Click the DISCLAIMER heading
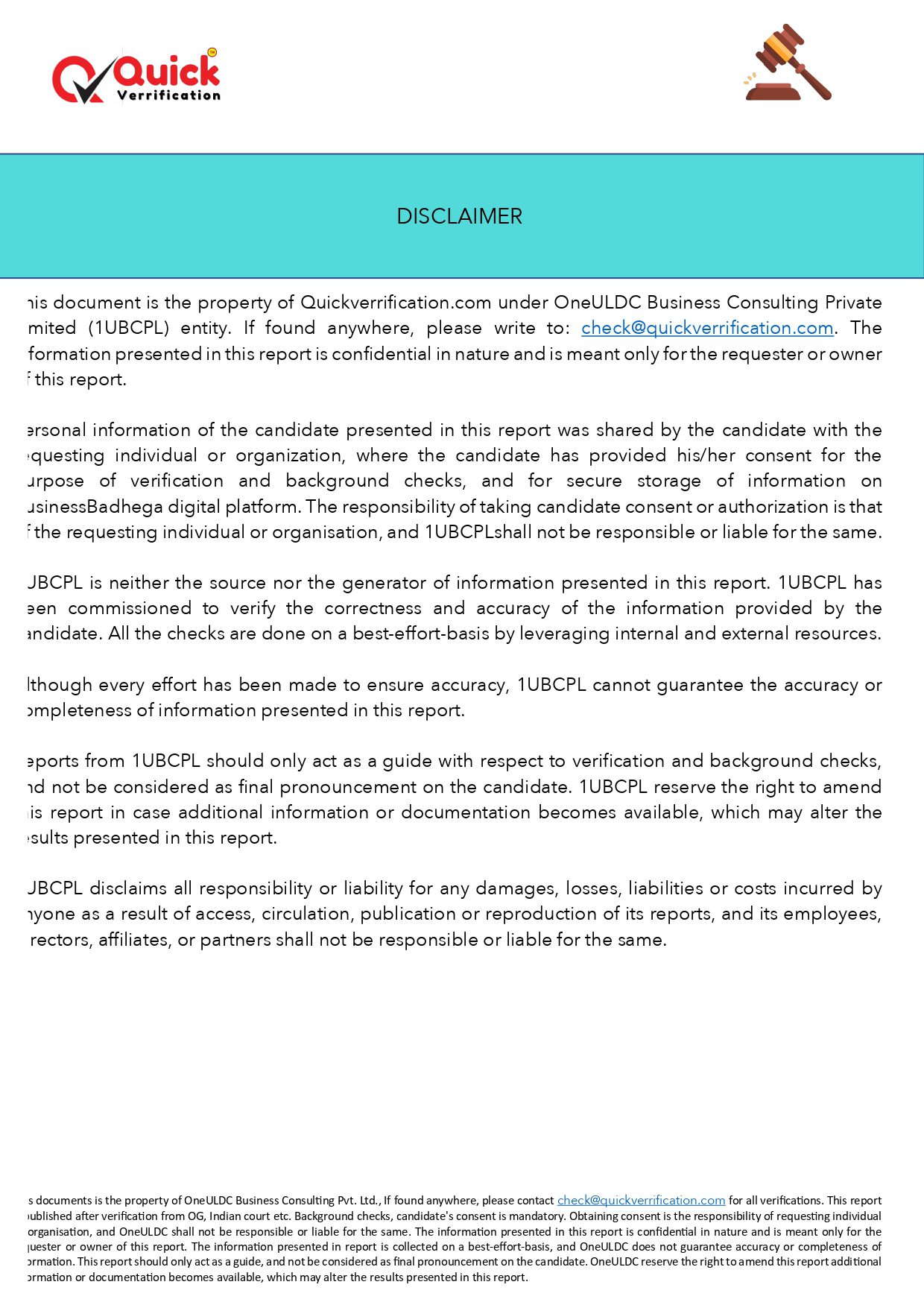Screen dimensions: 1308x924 click(459, 216)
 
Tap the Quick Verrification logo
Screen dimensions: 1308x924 click(136, 77)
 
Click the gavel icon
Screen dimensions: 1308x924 click(788, 63)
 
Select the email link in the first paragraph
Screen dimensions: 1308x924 click(706, 328)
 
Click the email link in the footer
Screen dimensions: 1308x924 click(641, 1201)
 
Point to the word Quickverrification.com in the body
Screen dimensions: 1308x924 click(396, 303)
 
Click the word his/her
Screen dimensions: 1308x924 click(706, 455)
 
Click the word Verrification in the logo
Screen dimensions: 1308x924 click(168, 95)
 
